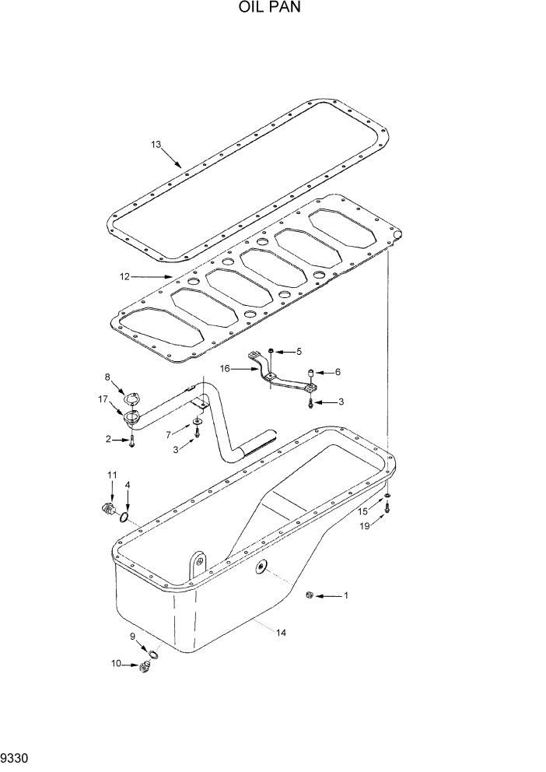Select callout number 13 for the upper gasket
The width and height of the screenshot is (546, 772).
click(x=156, y=144)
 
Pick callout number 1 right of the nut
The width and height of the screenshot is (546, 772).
click(x=346, y=596)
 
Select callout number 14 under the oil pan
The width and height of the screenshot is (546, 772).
click(x=282, y=633)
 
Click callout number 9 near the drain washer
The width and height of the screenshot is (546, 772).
click(x=133, y=637)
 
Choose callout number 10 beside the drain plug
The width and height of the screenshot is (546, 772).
click(x=117, y=664)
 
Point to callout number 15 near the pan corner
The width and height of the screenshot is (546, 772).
click(x=362, y=511)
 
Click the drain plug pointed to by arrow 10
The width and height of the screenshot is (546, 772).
click(x=143, y=666)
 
